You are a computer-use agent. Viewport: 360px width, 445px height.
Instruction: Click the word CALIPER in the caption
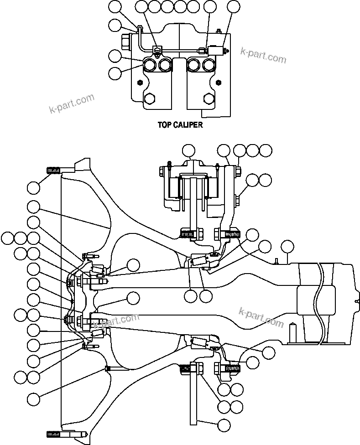coord(188,124)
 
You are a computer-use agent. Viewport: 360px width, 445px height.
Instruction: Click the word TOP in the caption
coord(165,124)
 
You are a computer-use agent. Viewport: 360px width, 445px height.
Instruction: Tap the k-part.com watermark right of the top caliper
coord(263,55)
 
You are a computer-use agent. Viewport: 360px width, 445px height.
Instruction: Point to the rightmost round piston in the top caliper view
coord(209,66)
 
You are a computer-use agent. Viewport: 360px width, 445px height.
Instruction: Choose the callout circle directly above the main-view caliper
coord(188,150)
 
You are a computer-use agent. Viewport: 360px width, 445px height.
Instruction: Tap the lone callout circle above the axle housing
coord(287,246)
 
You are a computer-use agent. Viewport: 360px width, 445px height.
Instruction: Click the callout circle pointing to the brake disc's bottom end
coord(224,425)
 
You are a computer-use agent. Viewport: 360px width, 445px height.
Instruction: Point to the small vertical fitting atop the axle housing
coord(276,261)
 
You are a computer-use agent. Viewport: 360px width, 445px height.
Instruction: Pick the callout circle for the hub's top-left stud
coord(33,187)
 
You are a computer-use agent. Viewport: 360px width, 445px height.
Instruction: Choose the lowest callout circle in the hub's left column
coord(33,399)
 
